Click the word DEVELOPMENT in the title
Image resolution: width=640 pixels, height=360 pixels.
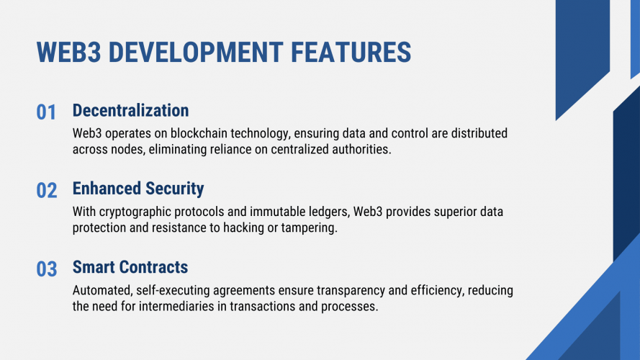[x=196, y=53]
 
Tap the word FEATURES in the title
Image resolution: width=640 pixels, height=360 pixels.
[x=351, y=53]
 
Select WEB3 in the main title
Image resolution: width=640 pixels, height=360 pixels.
[x=68, y=53]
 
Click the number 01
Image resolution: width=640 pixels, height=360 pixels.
[x=46, y=112]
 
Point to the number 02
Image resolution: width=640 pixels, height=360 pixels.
[x=47, y=191]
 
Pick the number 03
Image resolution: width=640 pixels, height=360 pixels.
[x=47, y=269]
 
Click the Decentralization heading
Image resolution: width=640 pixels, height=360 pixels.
[x=130, y=111]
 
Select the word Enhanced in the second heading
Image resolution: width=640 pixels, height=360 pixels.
[x=107, y=189]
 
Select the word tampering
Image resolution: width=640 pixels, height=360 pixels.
[x=309, y=228]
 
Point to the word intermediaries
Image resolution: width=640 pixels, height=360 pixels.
[x=176, y=306]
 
